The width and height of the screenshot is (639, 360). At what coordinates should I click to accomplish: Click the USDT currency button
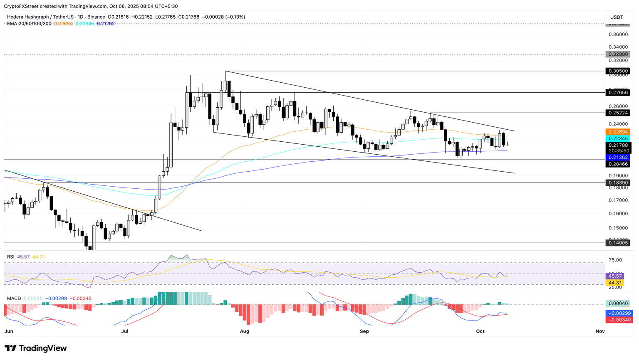click(x=617, y=17)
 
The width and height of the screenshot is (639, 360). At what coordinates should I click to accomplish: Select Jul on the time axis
click(x=125, y=331)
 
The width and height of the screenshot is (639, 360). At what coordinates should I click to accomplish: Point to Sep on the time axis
click(x=364, y=331)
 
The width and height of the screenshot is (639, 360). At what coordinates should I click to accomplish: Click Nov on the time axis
click(x=600, y=331)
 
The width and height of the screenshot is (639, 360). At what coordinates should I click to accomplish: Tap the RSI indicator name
click(x=11, y=257)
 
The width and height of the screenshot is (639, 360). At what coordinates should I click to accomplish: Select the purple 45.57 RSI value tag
click(x=615, y=276)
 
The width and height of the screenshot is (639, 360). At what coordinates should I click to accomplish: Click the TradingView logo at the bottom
click(x=36, y=348)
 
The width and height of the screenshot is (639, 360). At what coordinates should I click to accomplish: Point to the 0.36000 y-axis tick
click(x=617, y=35)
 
